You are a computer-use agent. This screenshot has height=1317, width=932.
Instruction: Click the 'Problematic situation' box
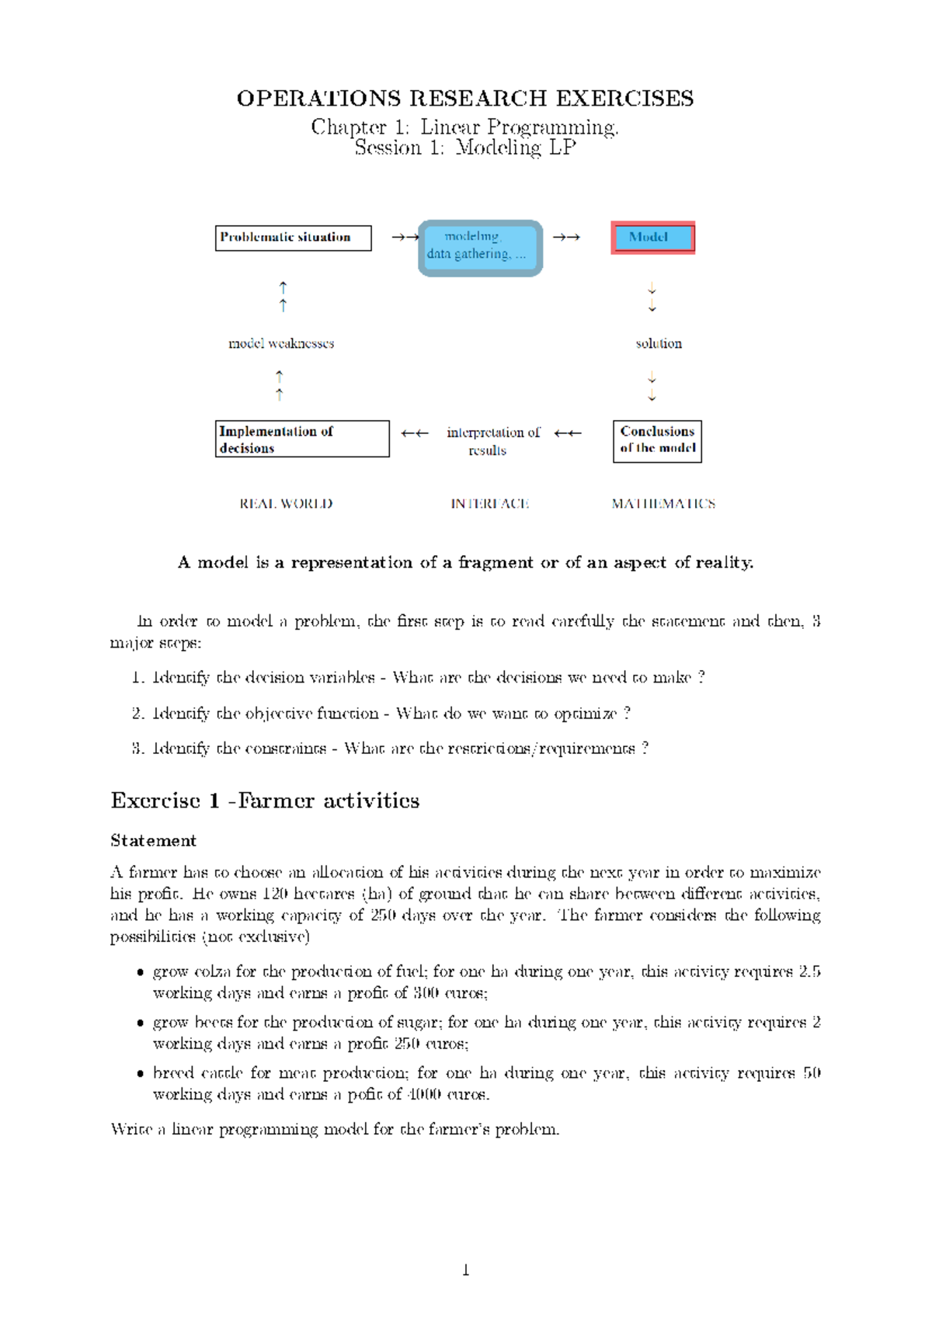293,238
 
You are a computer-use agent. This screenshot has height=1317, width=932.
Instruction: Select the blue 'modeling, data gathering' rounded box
480,248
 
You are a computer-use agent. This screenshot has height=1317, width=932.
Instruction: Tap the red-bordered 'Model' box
652,238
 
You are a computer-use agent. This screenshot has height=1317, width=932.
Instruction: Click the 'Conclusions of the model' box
657,441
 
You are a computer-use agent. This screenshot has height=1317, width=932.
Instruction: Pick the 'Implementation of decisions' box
302,439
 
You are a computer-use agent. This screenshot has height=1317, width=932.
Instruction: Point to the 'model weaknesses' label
281,343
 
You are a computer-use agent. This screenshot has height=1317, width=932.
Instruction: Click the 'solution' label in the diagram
659,343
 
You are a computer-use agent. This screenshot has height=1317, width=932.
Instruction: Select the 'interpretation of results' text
492,441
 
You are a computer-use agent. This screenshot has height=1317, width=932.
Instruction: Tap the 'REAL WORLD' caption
286,504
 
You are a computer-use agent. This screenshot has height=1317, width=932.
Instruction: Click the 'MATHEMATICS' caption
663,504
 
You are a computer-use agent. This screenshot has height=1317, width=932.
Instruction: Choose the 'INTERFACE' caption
490,504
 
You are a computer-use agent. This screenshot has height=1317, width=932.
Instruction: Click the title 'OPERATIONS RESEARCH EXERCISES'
465,99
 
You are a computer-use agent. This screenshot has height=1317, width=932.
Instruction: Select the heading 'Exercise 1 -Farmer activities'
265,801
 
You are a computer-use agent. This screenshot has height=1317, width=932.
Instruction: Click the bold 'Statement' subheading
153,841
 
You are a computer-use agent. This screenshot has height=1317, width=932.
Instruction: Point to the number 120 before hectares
275,894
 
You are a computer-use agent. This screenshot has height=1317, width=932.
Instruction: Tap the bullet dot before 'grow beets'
140,1023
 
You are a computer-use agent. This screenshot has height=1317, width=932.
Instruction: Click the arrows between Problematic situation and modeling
405,238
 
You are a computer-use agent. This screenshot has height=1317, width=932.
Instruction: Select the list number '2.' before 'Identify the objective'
138,713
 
